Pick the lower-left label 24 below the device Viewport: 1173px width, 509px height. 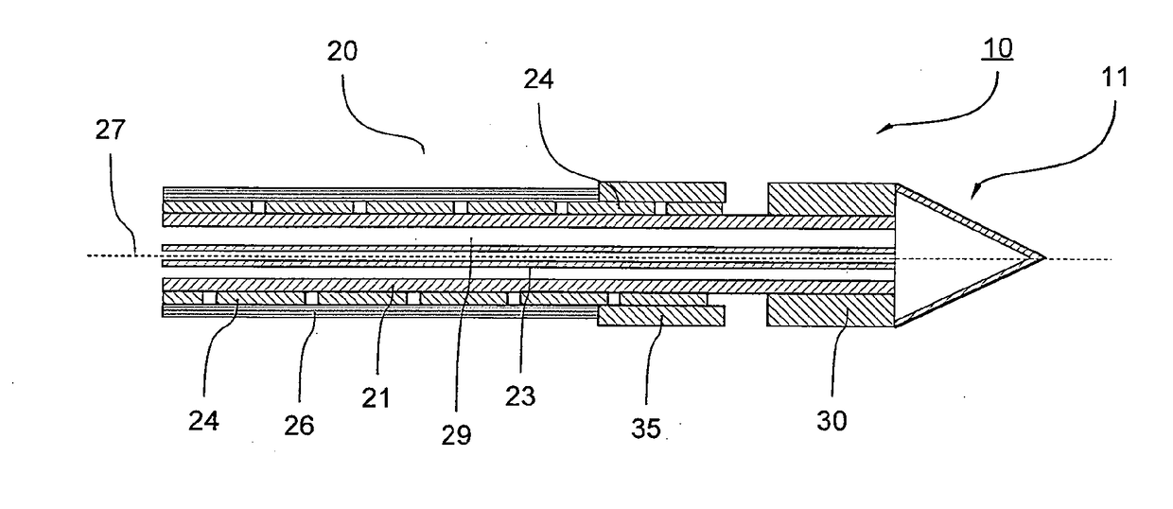[x=204, y=417]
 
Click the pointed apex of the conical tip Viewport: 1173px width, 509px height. [x=1043, y=256]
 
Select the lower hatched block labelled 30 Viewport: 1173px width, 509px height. [x=831, y=311]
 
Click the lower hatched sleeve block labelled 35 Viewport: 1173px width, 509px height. [x=662, y=312]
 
